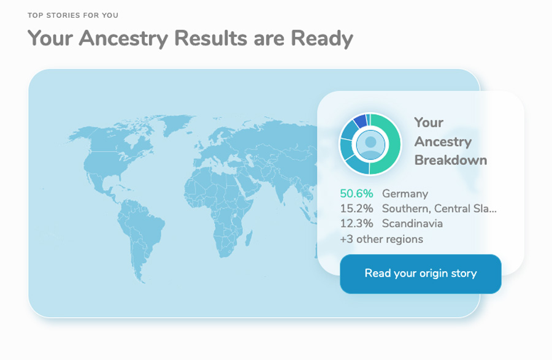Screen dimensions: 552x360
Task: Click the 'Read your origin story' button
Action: (420, 274)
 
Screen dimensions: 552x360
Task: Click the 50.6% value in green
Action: (356, 194)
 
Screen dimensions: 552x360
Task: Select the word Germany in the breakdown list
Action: (405, 194)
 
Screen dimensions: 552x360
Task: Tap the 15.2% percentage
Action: (356, 209)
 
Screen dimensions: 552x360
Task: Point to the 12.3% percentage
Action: (356, 223)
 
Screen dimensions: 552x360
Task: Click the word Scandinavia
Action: (412, 223)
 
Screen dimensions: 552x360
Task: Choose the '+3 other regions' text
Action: (381, 239)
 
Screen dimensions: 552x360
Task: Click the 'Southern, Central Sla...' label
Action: (439, 209)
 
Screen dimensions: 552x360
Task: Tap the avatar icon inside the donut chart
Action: (370, 144)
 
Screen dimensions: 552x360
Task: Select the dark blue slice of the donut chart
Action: (360, 121)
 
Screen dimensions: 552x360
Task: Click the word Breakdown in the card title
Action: (451, 160)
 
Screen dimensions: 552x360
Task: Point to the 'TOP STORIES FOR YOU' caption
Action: (73, 15)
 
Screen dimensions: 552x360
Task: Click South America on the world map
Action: (139, 232)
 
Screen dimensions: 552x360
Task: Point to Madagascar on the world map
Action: (248, 238)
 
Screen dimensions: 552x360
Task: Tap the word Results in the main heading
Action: (210, 38)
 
